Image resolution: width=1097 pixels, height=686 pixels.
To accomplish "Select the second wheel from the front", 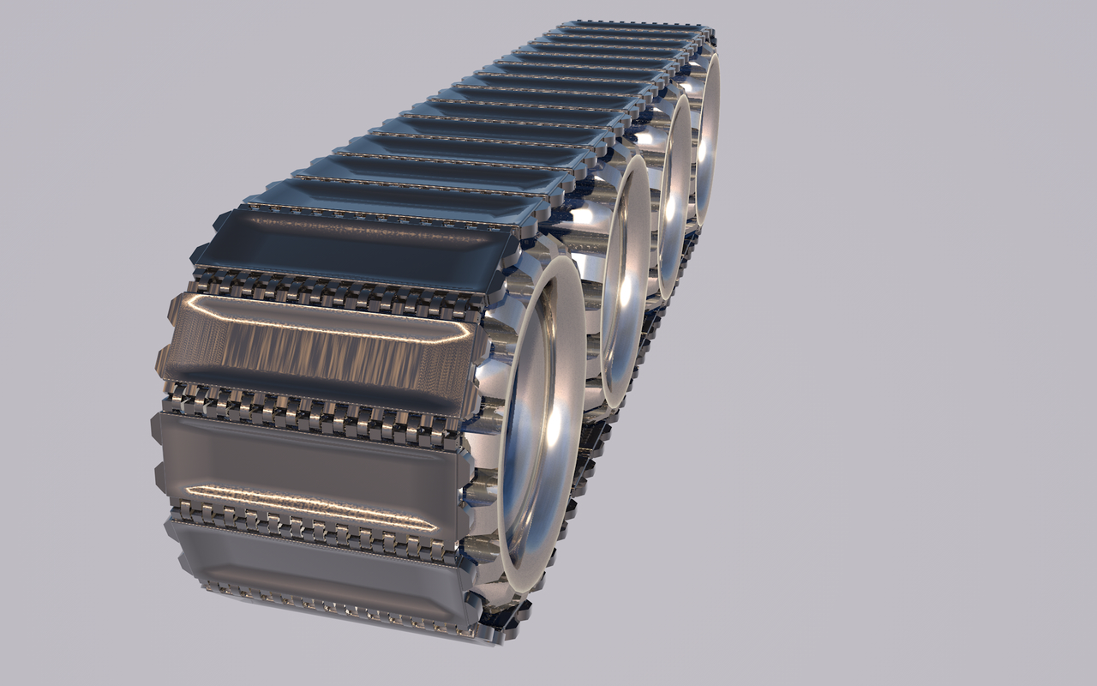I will [x=626, y=283].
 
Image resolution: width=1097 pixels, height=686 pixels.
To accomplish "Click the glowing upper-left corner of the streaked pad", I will [x=193, y=302].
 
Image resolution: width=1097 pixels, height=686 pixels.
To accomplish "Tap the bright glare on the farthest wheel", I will [x=710, y=146].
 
